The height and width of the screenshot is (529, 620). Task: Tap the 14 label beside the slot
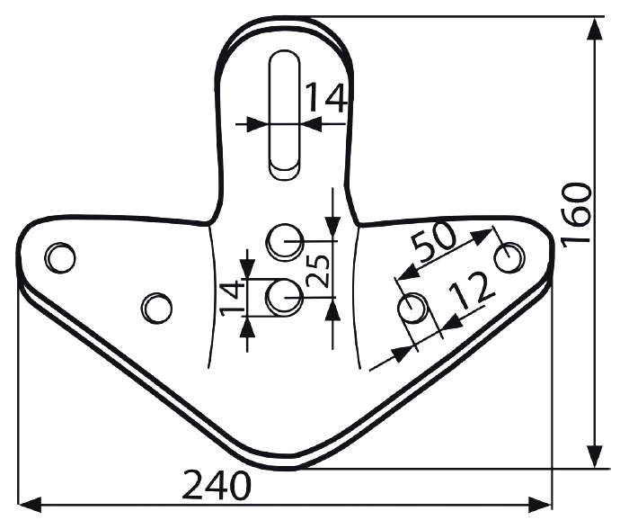click(x=323, y=98)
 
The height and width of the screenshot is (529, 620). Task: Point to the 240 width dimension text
click(x=217, y=487)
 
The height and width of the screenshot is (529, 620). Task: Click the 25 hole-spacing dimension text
click(x=319, y=268)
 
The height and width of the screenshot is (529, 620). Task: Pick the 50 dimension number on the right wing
click(x=434, y=240)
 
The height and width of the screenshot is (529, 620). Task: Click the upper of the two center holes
click(x=285, y=238)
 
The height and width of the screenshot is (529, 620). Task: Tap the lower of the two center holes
click(x=285, y=295)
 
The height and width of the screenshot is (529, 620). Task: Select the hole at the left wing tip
click(x=60, y=257)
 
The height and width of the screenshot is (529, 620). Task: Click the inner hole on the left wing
click(x=156, y=307)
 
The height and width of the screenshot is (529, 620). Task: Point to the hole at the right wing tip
click(x=509, y=257)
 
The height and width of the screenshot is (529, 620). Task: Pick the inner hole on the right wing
click(x=412, y=309)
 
